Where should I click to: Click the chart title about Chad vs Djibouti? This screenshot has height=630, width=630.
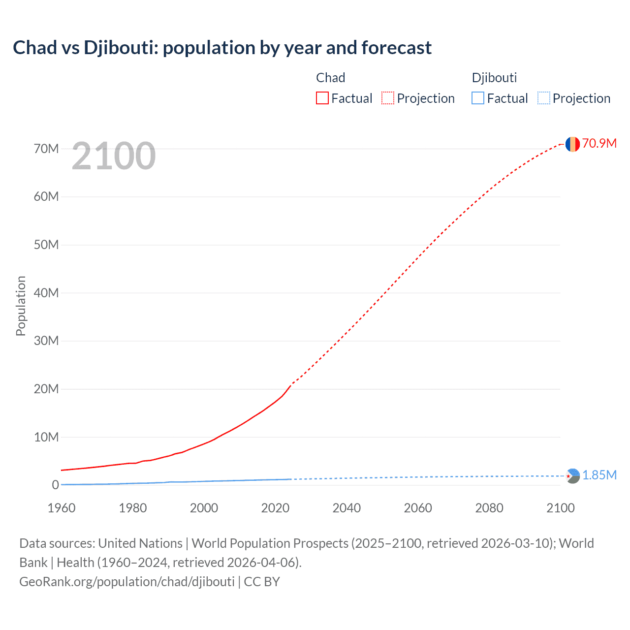[222, 48]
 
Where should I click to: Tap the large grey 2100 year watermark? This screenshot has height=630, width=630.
[114, 156]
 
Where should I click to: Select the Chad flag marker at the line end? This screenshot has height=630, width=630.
[572, 144]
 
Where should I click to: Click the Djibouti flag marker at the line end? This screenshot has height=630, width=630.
[572, 476]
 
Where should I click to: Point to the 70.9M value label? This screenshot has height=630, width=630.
[599, 143]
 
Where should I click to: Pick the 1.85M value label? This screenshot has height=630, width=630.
[599, 475]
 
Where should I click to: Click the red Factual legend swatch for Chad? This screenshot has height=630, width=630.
[322, 98]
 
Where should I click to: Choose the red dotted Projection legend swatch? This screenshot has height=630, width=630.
[388, 98]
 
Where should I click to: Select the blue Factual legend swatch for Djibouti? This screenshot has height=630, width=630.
[478, 98]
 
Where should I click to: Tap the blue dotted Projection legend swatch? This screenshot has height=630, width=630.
[543, 98]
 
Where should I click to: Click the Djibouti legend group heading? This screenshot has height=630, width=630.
[494, 78]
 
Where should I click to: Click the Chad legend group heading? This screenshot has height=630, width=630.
[330, 78]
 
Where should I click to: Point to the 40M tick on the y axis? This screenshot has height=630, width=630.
[46, 293]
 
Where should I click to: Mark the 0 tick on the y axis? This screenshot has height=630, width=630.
[55, 485]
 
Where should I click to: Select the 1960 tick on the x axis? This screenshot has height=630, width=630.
[62, 508]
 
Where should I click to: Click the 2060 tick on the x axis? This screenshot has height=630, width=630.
[418, 508]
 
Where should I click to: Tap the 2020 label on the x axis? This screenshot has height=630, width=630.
[275, 508]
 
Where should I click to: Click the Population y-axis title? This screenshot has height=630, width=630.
[21, 306]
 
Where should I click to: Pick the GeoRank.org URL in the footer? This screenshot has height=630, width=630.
[127, 582]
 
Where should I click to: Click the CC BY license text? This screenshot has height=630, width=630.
[262, 582]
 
